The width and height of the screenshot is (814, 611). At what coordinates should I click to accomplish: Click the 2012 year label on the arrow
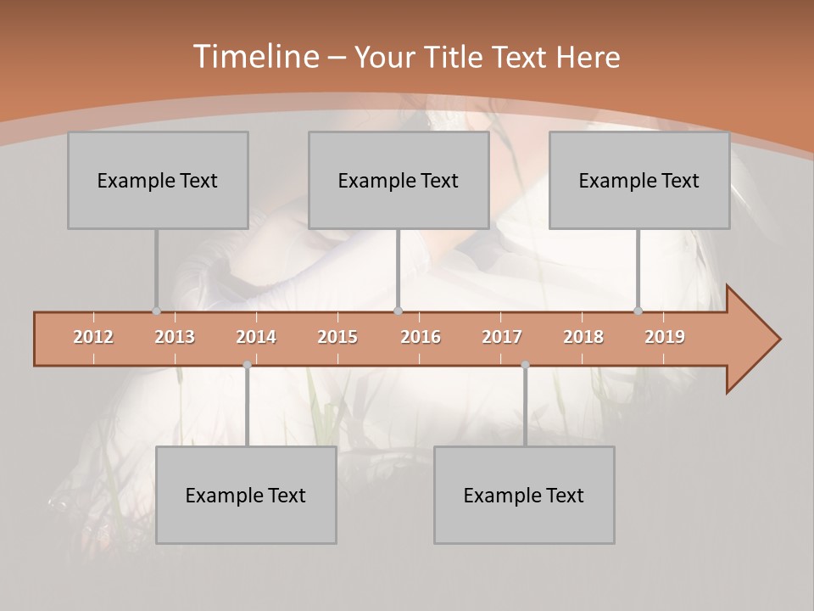93,337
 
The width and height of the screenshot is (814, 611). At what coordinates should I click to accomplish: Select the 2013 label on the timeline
175,337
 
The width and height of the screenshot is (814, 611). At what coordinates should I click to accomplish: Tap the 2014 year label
256,337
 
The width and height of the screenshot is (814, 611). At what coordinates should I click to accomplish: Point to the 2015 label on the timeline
337,337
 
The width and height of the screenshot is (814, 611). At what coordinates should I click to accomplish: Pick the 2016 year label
421,337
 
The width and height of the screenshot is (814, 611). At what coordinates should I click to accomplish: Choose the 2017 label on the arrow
502,337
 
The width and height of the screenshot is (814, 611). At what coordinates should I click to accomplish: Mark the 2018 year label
583,337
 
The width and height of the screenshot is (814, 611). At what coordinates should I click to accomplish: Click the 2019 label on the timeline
665,337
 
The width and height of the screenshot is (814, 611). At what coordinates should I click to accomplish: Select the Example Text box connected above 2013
158,180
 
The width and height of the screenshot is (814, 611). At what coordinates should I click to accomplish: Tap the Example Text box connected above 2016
399,180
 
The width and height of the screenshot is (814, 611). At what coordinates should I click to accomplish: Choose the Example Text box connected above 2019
639,180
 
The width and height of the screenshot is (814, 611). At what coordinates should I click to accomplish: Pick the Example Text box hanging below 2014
246,495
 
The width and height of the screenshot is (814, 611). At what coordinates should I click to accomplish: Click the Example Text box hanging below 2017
524,495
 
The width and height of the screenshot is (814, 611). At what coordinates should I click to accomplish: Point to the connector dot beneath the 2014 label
247,365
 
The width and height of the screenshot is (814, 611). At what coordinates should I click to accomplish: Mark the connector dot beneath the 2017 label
525,365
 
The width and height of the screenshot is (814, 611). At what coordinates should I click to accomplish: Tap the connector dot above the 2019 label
638,311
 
